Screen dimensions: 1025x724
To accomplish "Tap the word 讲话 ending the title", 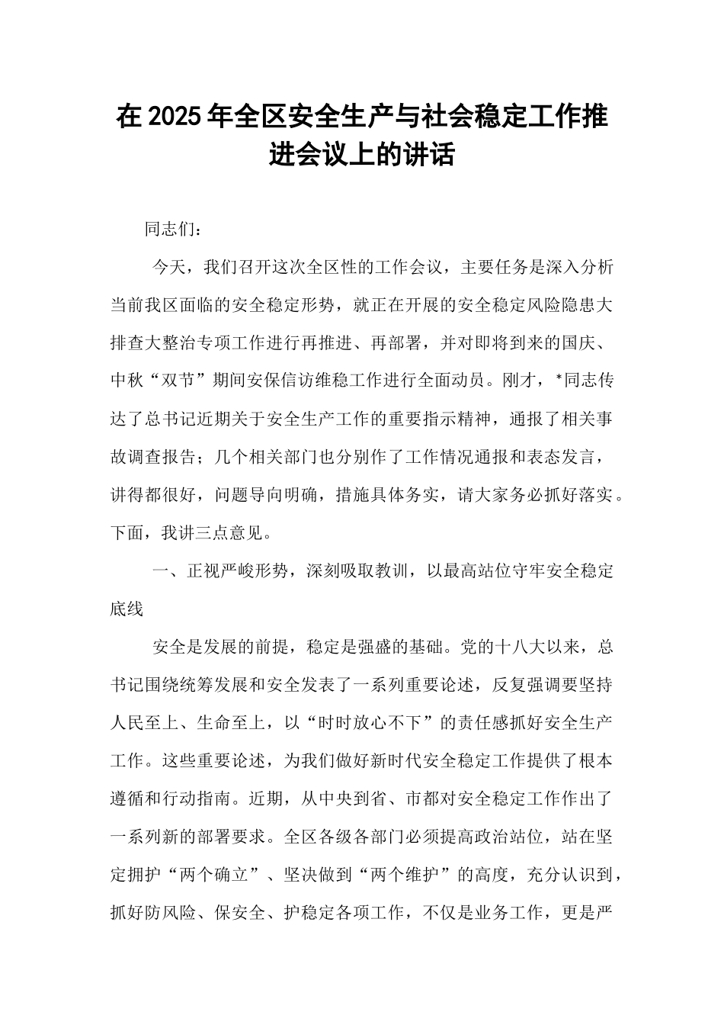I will coord(431,155).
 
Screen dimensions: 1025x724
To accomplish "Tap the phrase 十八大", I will coord(521,647).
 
